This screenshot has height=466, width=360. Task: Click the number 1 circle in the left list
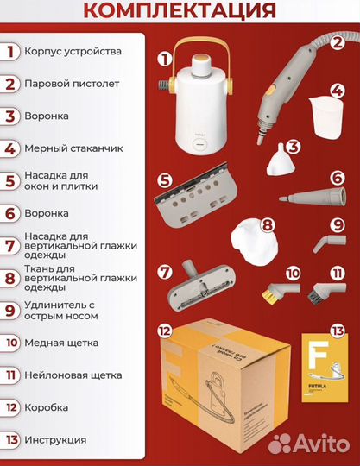tap(10, 52)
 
